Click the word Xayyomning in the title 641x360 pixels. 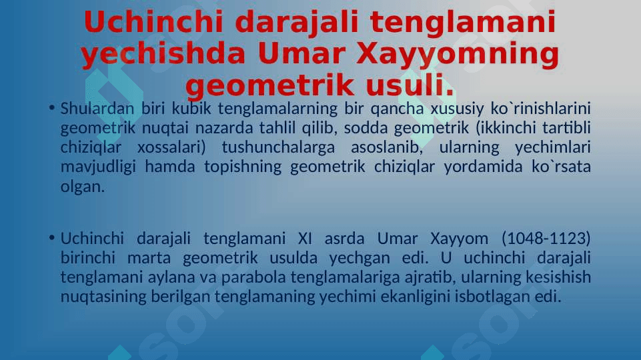pyautogui.click(x=458, y=55)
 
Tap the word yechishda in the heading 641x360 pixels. pyautogui.click(x=163, y=55)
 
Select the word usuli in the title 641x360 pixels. pyautogui.click(x=410, y=85)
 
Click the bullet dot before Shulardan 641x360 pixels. pyautogui.click(x=51, y=108)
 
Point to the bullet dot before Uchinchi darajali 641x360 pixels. pyautogui.click(x=51, y=238)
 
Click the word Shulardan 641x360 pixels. pyautogui.click(x=97, y=108)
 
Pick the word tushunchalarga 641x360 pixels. pyautogui.click(x=278, y=147)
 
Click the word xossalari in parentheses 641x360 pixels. pyautogui.click(x=171, y=147)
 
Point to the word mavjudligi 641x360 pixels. pyautogui.click(x=98, y=167)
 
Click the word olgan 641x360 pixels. pyautogui.click(x=83, y=187)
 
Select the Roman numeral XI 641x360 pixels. pyautogui.click(x=305, y=238)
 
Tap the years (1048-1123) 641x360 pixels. pyautogui.click(x=546, y=238)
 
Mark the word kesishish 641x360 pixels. pyautogui.click(x=558, y=277)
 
